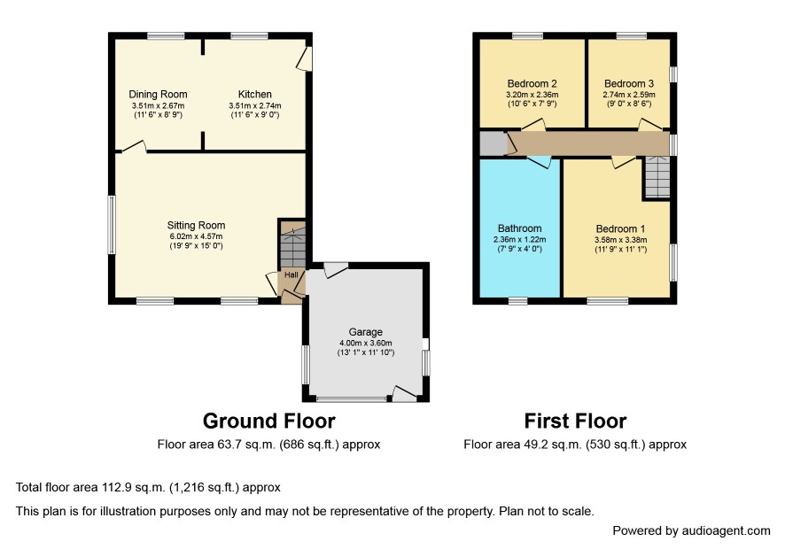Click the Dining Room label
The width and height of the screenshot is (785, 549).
(x=158, y=94)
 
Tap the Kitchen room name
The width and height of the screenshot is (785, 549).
(x=255, y=94)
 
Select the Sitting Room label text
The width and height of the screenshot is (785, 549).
(x=197, y=225)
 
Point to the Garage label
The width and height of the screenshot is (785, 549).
(x=365, y=332)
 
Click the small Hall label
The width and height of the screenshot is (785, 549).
(x=291, y=274)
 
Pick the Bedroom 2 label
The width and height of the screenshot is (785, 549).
(x=532, y=83)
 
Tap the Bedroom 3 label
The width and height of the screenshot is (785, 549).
(x=629, y=83)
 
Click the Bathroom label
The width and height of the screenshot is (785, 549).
(x=520, y=228)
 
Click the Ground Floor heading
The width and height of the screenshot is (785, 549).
(x=268, y=421)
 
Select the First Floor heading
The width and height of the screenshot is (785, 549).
(x=575, y=421)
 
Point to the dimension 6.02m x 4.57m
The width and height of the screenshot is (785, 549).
(x=197, y=236)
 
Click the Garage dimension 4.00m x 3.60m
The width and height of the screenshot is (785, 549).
(x=365, y=343)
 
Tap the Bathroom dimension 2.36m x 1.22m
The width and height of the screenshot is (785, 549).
(x=520, y=239)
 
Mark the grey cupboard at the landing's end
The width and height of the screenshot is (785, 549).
(x=494, y=143)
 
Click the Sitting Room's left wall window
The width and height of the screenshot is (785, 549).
(x=113, y=224)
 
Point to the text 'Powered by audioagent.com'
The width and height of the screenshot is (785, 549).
(x=691, y=530)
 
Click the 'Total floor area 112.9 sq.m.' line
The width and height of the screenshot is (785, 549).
(x=148, y=487)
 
